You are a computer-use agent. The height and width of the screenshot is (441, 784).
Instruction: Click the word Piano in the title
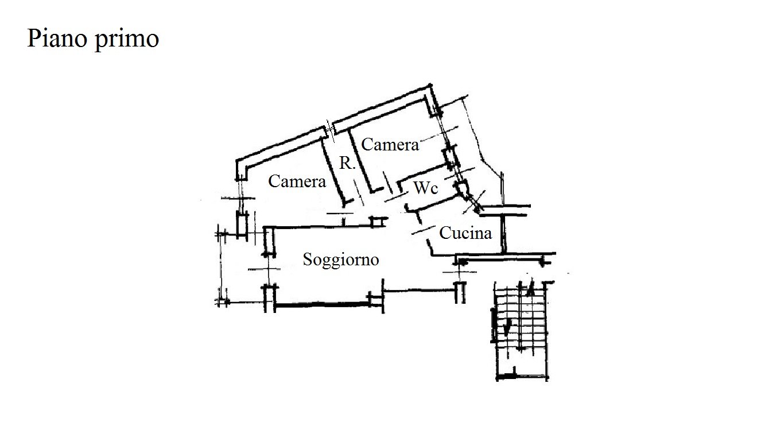(x=57, y=38)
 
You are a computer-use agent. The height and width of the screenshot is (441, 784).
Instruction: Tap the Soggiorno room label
(x=341, y=260)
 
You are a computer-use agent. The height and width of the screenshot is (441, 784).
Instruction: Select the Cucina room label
(x=465, y=233)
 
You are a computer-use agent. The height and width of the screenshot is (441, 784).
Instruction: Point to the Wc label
(x=426, y=188)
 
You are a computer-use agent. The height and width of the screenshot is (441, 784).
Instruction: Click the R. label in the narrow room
(x=347, y=163)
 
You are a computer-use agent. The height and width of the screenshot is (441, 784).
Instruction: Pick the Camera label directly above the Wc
(x=390, y=145)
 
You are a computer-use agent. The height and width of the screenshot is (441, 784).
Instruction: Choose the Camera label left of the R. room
(x=297, y=181)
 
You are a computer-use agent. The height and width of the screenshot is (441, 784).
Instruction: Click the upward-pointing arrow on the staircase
(x=531, y=288)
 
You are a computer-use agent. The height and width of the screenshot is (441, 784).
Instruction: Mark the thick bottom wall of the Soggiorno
(x=322, y=305)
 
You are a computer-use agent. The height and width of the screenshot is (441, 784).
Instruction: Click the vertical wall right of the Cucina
(x=503, y=234)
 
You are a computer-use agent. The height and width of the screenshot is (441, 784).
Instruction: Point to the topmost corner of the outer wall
(x=430, y=85)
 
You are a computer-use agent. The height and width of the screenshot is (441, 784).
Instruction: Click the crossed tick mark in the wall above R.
(x=329, y=130)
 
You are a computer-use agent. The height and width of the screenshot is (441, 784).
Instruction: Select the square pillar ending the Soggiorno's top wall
(x=376, y=222)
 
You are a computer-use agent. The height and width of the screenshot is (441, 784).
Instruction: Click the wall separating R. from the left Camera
(x=333, y=172)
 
